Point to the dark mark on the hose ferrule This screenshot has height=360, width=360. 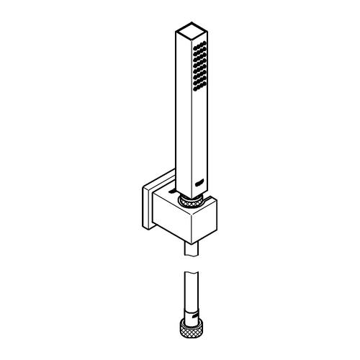193,314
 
